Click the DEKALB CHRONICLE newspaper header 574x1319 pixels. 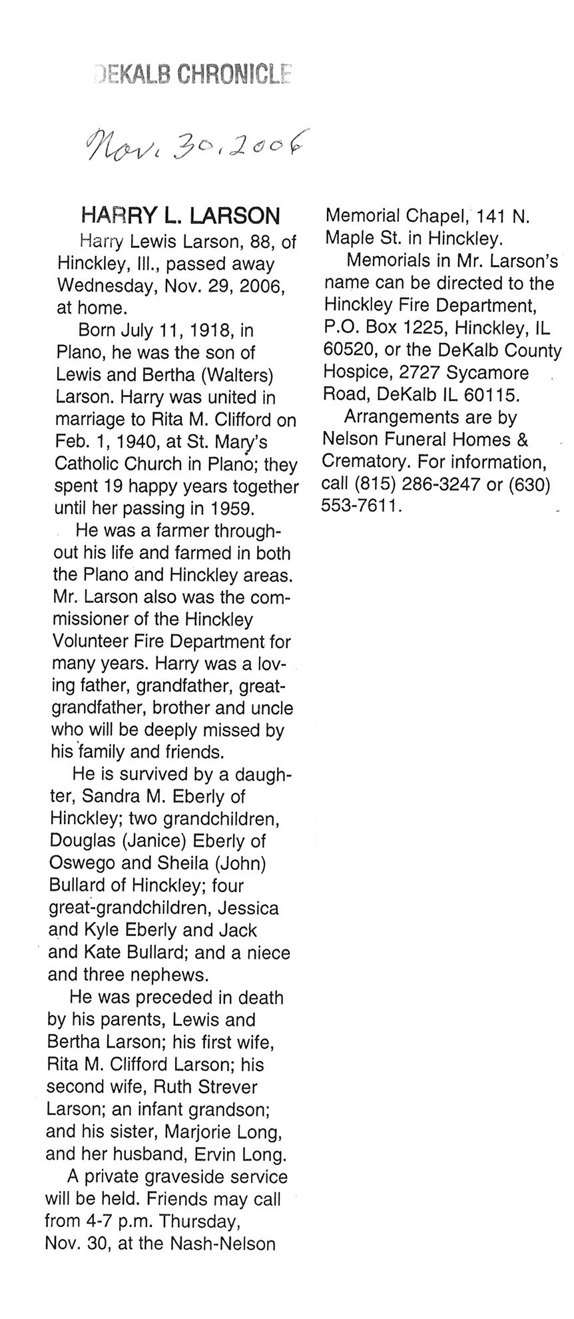pyautogui.click(x=192, y=74)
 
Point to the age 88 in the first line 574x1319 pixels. pyautogui.click(x=257, y=242)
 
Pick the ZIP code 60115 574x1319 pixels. pyautogui.click(x=491, y=394)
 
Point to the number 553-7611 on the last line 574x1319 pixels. pyautogui.click(x=362, y=506)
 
